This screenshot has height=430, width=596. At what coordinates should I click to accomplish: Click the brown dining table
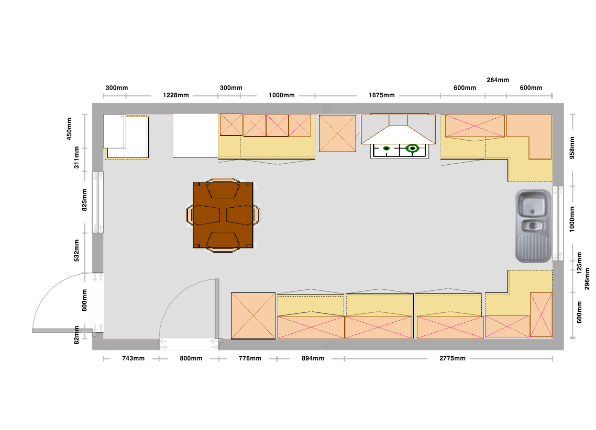[223, 215]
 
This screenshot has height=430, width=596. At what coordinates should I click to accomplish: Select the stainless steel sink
[533, 226]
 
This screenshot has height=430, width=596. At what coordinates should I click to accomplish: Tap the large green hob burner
[412, 148]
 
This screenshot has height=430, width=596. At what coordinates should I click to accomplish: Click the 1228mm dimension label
[175, 95]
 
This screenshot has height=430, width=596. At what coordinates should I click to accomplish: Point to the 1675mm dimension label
[382, 95]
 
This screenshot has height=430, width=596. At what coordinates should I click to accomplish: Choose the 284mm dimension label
[498, 80]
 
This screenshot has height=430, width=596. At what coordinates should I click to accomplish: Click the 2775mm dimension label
[452, 358]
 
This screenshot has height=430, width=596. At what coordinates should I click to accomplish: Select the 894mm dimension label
[313, 358]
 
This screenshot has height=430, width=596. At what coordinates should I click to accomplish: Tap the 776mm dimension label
[250, 358]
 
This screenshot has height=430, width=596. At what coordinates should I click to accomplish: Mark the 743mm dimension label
[133, 358]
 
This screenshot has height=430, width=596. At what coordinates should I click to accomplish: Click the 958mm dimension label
[572, 148]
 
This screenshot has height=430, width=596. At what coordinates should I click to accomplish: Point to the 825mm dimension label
[84, 200]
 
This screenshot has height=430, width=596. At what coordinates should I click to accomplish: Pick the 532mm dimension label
[77, 251]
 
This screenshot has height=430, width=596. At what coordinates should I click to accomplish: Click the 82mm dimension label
[77, 335]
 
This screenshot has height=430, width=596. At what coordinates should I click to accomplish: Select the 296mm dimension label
[587, 279]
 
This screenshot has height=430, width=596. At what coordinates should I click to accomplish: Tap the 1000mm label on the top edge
[281, 95]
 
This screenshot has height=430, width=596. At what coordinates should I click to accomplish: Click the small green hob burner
[387, 149]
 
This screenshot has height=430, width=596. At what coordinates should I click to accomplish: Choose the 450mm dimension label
[69, 129]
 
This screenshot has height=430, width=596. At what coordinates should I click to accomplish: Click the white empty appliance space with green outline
[196, 135]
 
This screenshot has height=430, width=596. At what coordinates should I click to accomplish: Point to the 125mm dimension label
[579, 263]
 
